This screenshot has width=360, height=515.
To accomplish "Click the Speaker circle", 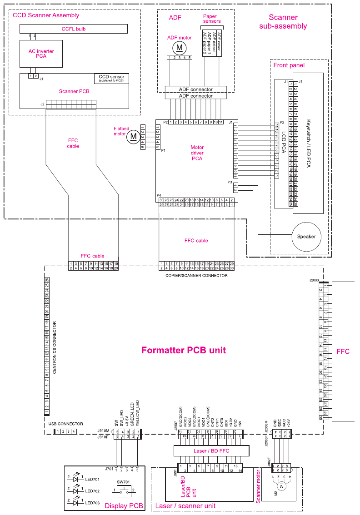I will pyautogui.click(x=306, y=237).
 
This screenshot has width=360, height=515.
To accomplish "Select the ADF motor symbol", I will pyautogui.click(x=179, y=47).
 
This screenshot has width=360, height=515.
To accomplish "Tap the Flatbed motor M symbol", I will pyautogui.click(x=134, y=136).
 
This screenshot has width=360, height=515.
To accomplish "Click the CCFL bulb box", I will pyautogui.click(x=73, y=29).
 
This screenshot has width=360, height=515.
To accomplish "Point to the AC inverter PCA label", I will pyautogui.click(x=41, y=54).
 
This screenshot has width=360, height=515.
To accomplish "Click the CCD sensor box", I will pyautogui.click(x=111, y=79).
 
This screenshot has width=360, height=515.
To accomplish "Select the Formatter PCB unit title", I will pyautogui.click(x=183, y=350).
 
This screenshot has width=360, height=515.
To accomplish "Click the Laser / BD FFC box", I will pyautogui.click(x=212, y=451).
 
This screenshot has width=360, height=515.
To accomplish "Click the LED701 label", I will pyautogui.click(x=92, y=479).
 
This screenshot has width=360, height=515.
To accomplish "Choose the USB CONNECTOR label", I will pyautogui.click(x=66, y=424).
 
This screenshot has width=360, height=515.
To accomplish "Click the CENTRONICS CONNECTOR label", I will pyautogui.click(x=55, y=347).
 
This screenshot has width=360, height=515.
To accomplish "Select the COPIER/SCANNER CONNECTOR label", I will pyautogui.click(x=196, y=276).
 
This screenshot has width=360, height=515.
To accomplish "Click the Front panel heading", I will pyautogui.click(x=289, y=65).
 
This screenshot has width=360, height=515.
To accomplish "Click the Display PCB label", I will pyautogui.click(x=124, y=506).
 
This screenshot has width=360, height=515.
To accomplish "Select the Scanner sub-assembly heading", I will pyautogui.click(x=283, y=22).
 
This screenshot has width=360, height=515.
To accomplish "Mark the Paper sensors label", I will pyautogui.click(x=212, y=19).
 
